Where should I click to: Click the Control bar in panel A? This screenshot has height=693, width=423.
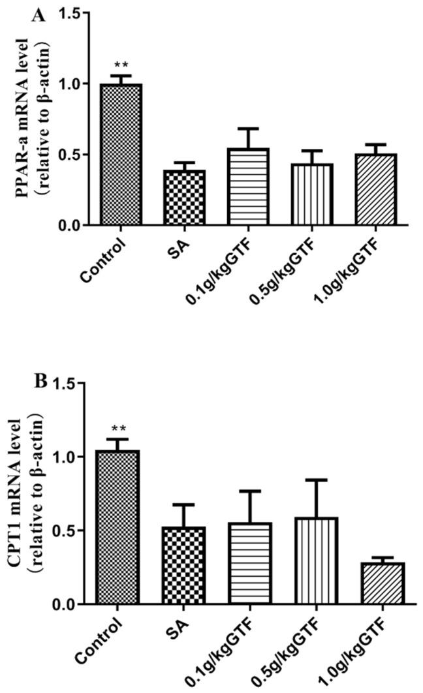(x=121, y=155)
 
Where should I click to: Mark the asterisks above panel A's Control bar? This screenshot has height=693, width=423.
(x=121, y=66)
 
